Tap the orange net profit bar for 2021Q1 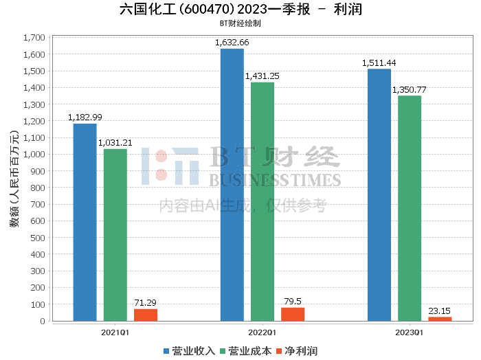click(146, 315)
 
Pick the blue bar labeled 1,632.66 click(232, 185)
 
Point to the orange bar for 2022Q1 click(293, 314)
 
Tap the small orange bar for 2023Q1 click(440, 319)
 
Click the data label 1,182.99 click(85, 117)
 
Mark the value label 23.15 click(440, 311)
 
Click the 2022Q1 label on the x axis click(262, 333)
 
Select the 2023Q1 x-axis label click(410, 333)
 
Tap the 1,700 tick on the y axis click(34, 38)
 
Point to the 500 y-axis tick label click(38, 238)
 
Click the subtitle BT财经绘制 click(240, 23)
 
